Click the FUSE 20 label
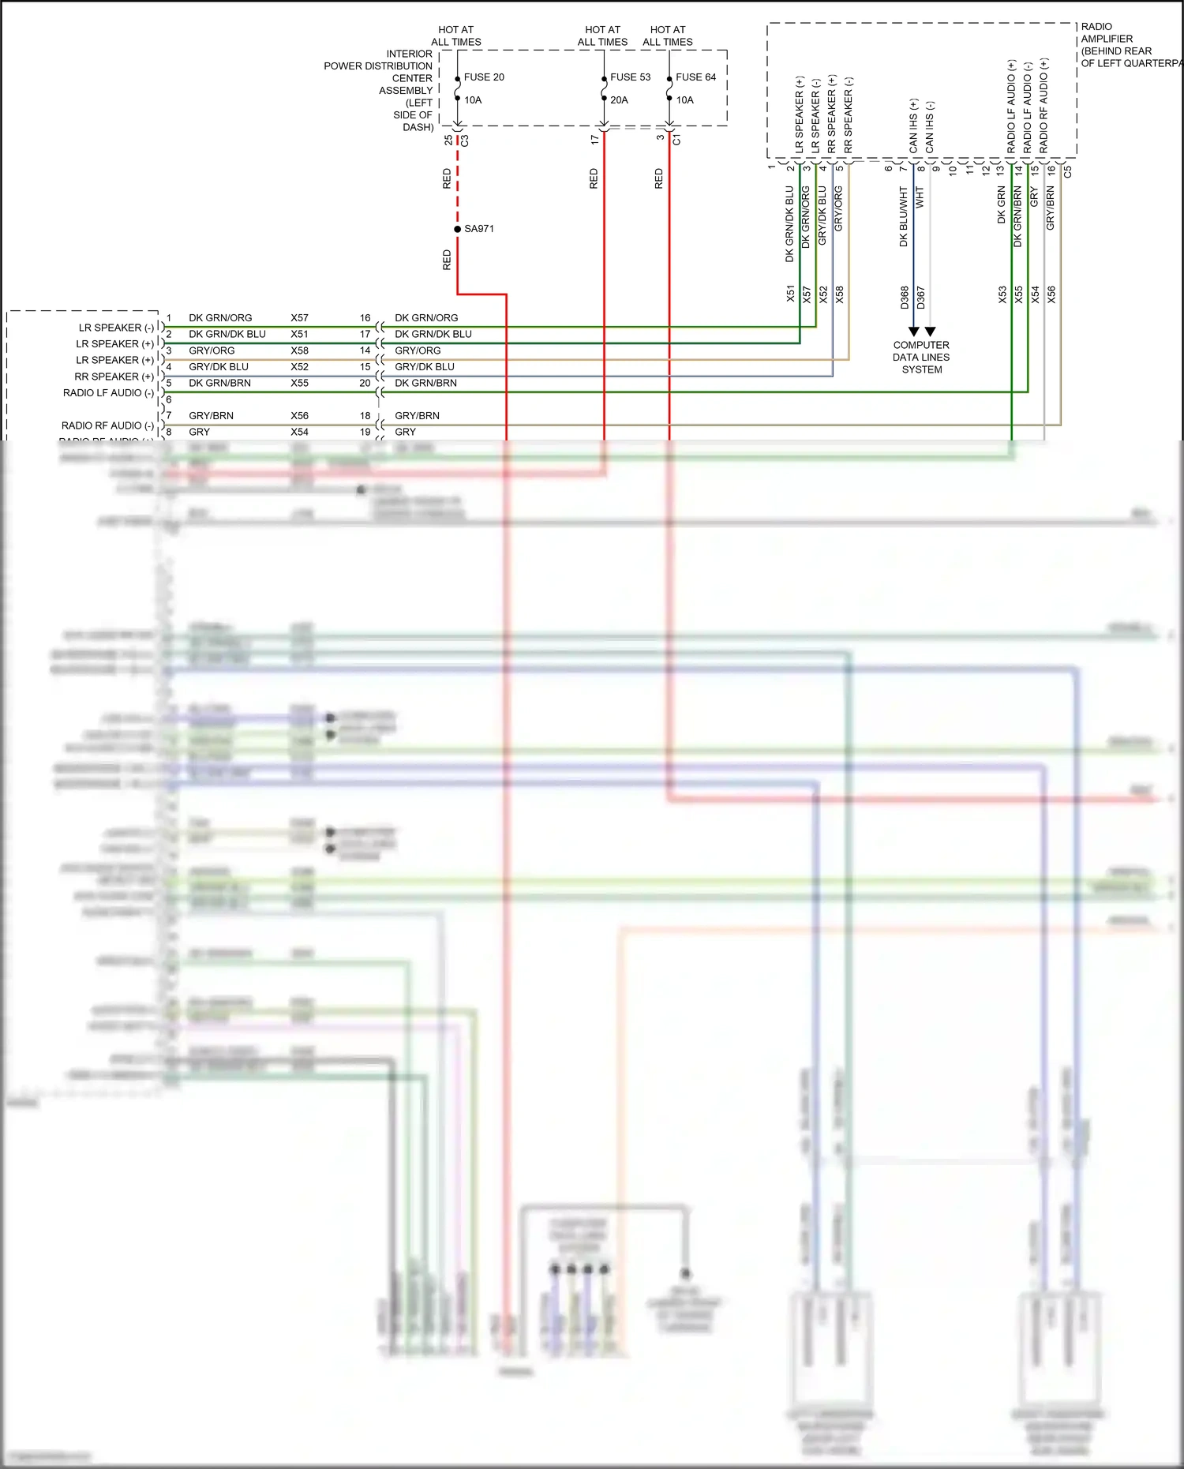[483, 77]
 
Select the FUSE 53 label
[630, 77]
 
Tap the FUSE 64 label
[695, 77]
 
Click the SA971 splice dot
[458, 229]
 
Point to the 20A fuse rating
[619, 100]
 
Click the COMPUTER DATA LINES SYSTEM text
[921, 358]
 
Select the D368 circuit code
[905, 297]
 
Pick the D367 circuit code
[921, 297]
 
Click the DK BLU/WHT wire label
[904, 216]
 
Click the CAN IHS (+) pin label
[913, 126]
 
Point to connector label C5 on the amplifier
[1068, 171]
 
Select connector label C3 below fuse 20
[465, 141]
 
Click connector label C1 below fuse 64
[676, 140]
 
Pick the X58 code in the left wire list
[299, 350]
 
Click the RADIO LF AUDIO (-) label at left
[108, 393]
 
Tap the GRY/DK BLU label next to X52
[219, 367]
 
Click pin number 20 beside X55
[365, 383]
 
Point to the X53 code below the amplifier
[1002, 294]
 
